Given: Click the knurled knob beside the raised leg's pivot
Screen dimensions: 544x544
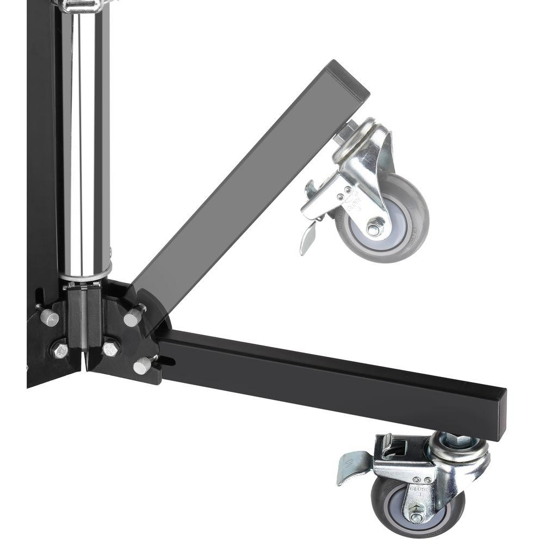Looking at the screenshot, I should pos(132,317).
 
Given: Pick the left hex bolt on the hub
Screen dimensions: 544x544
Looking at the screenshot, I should pos(59,349).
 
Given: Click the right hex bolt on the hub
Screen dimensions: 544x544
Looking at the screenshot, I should pos(110,349).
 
